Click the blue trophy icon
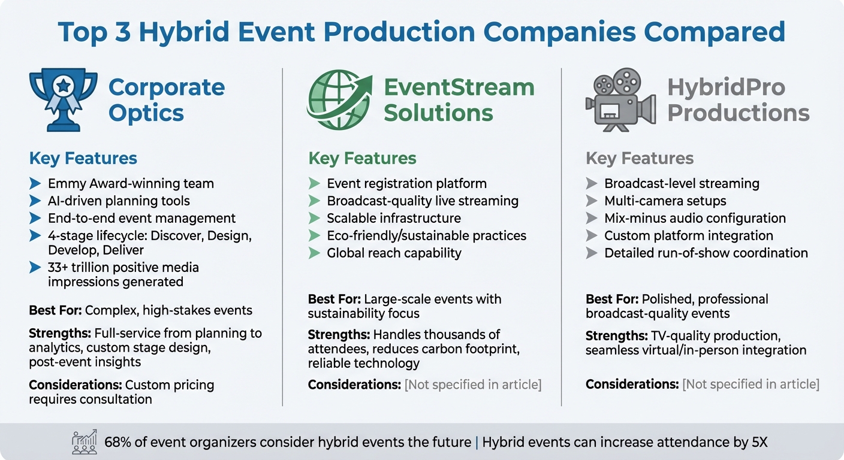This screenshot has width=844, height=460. click(63, 99)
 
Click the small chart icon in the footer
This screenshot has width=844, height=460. click(84, 442)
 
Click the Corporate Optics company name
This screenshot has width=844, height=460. click(167, 100)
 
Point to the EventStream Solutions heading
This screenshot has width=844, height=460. click(459, 100)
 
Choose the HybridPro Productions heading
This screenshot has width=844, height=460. click(738, 100)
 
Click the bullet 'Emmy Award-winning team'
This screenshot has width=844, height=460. click(131, 184)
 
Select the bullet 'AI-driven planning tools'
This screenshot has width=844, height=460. click(119, 201)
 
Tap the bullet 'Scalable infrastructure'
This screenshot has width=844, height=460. click(394, 219)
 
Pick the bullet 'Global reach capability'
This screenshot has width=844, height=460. click(394, 253)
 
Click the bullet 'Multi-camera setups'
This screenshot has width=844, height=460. click(665, 201)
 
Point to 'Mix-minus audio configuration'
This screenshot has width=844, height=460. click(695, 219)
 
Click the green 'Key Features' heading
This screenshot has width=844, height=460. click(362, 159)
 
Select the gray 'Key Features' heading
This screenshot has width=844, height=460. click(640, 159)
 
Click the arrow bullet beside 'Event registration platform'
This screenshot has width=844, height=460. click(314, 184)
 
